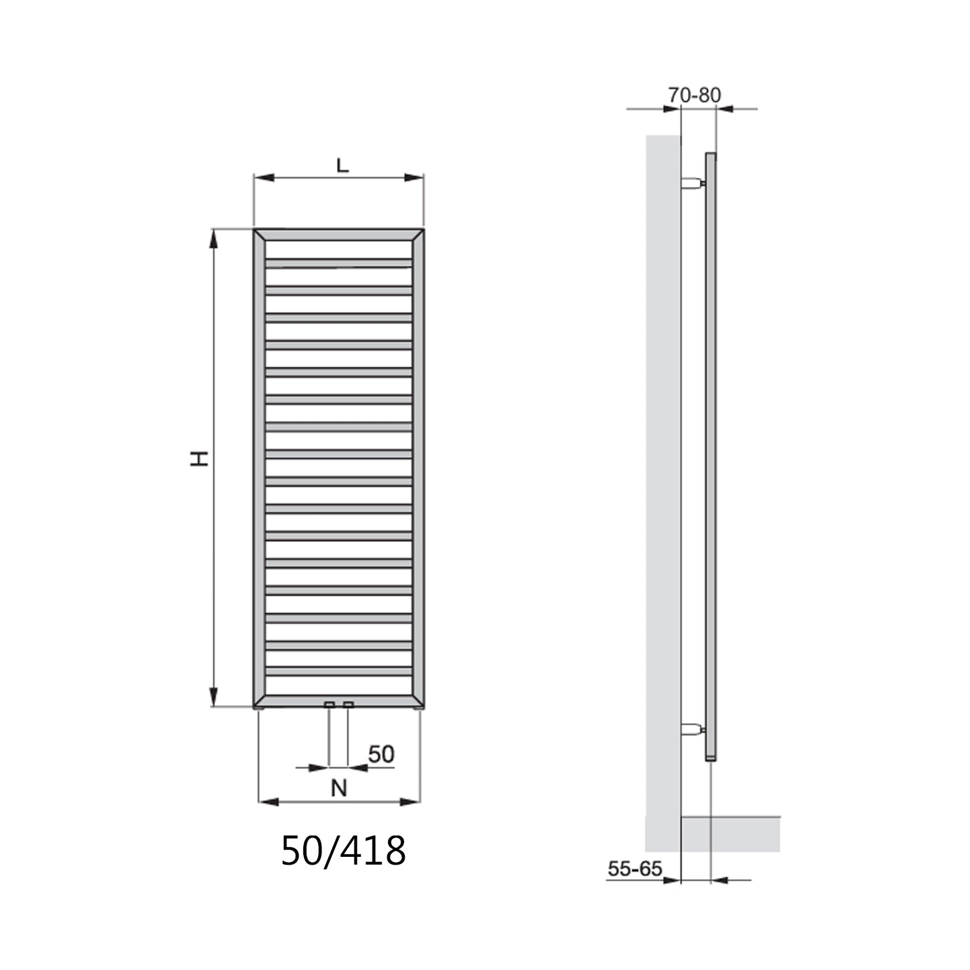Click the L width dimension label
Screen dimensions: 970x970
(x=342, y=165)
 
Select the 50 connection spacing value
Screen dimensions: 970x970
(x=381, y=754)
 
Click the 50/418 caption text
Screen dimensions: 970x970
(x=343, y=850)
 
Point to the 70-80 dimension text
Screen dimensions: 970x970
(x=694, y=95)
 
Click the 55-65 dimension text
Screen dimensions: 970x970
(x=635, y=868)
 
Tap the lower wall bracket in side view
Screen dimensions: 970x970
(x=692, y=731)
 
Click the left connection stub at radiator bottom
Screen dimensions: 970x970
(x=329, y=704)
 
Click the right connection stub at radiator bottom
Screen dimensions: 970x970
(x=349, y=704)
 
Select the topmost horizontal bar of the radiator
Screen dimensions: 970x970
(x=338, y=263)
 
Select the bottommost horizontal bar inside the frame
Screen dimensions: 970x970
(x=338, y=672)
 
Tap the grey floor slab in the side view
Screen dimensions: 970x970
(x=731, y=834)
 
